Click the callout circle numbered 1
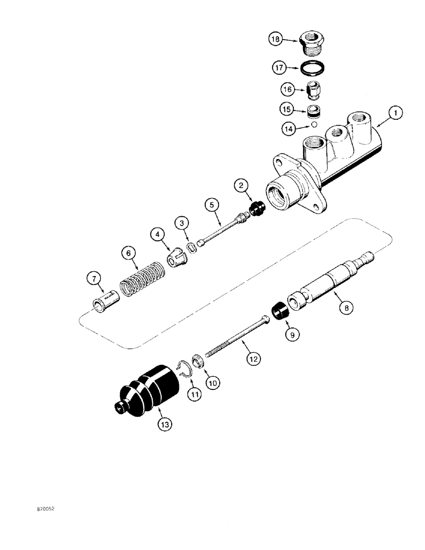pos(395,113)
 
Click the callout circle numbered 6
pos(129,254)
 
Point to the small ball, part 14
pos(314,124)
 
